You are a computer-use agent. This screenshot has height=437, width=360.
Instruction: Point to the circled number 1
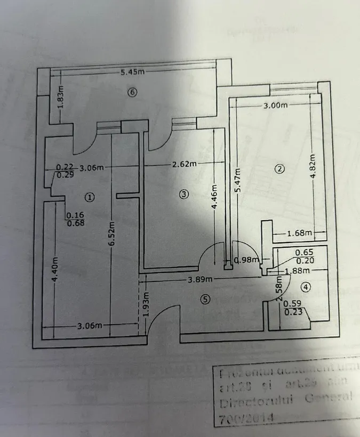click(x=89, y=197)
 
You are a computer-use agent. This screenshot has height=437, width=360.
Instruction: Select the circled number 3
click(x=183, y=195)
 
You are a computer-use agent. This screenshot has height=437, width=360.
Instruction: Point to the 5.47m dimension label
click(x=238, y=180)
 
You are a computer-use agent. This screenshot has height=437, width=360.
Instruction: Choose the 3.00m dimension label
click(x=275, y=105)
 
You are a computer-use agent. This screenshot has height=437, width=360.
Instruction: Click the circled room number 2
click(x=278, y=169)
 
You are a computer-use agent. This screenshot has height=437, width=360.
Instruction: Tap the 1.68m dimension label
click(x=299, y=232)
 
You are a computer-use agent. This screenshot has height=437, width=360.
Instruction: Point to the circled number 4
click(x=305, y=287)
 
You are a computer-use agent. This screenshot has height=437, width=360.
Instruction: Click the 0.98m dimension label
click(x=247, y=261)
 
